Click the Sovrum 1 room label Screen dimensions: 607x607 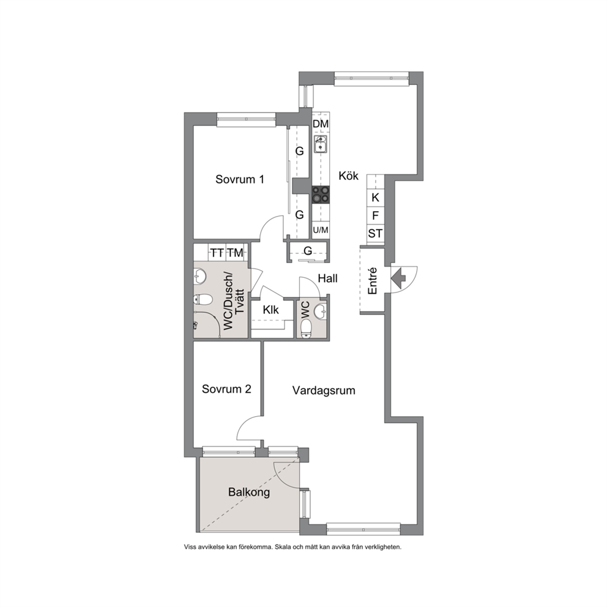(x=240, y=179)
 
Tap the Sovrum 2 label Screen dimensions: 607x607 (x=226, y=389)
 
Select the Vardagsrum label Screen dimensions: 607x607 (x=324, y=390)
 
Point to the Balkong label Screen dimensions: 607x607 (x=249, y=493)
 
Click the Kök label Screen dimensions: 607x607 (x=348, y=176)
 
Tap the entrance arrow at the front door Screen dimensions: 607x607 (x=398, y=277)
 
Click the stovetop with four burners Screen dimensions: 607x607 (x=321, y=195)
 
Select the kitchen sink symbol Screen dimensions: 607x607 (x=321, y=144)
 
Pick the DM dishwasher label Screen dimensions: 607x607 (x=321, y=124)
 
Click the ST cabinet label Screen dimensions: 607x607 (x=375, y=233)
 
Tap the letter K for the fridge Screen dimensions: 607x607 (x=375, y=198)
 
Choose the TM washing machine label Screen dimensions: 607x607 (x=235, y=253)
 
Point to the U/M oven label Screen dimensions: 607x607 (x=321, y=230)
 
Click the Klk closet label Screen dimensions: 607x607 (x=270, y=310)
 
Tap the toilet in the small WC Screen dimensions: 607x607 (x=306, y=327)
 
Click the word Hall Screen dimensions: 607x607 (x=327, y=278)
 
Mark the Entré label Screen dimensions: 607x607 (x=372, y=281)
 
